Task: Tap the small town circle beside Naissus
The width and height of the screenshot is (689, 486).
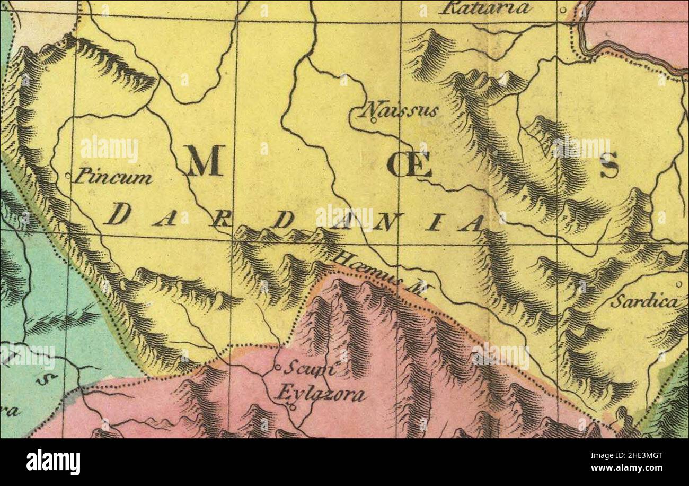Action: tap(374, 120)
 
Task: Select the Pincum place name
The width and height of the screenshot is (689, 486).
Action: tap(112, 176)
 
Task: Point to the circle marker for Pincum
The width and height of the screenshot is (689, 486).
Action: tap(67, 175)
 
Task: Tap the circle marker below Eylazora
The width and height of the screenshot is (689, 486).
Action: tap(291, 407)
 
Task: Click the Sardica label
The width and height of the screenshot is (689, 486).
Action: tap(644, 302)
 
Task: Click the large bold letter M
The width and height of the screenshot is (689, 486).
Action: tap(204, 161)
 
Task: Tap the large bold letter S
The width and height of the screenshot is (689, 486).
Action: tap(609, 165)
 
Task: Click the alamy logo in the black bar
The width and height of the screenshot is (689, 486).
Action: tap(53, 462)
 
